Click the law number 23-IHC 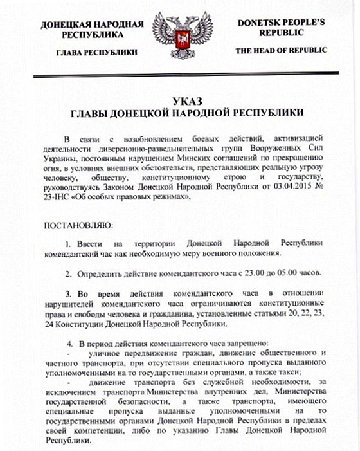[x=55, y=199]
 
